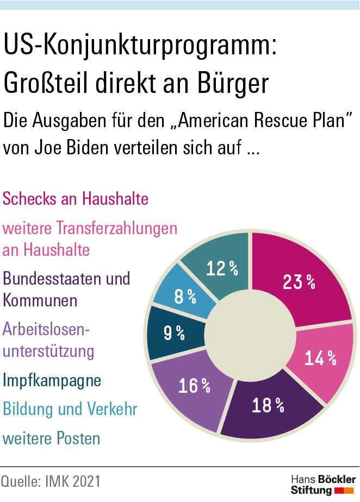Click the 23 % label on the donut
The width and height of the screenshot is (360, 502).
[x=299, y=282]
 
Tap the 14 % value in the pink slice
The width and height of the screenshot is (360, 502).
[x=320, y=358]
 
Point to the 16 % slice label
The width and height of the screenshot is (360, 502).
[x=194, y=385]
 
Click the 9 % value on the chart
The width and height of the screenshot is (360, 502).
[x=174, y=332]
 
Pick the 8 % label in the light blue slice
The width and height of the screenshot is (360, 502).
[x=185, y=296]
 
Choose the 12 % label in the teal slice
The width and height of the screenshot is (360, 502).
[x=222, y=268]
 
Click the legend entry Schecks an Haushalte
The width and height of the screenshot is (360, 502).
[x=76, y=199]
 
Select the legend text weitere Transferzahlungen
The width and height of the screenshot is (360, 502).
[x=90, y=228]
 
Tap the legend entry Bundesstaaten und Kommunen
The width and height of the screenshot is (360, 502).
[x=66, y=289]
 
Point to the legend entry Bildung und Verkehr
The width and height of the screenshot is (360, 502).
[x=70, y=409]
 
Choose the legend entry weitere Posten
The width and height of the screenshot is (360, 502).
[x=52, y=438]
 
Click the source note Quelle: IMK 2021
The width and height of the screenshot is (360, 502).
[x=51, y=482]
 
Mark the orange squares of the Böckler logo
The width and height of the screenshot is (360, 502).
[x=345, y=491]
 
